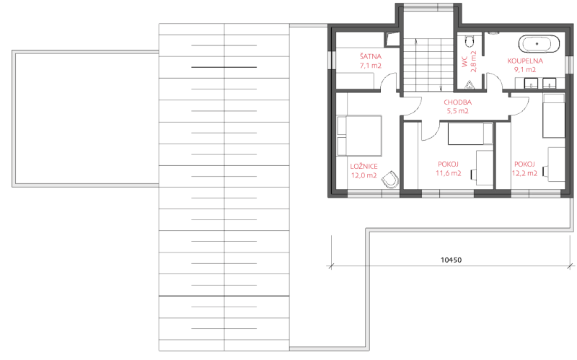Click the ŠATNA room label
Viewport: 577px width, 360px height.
[x=371, y=57]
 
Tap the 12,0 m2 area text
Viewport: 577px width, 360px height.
[x=364, y=175]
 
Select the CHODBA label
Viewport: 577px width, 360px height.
[x=457, y=102]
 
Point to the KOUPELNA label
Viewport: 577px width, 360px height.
[x=525, y=61]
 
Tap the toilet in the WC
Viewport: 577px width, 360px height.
[x=469, y=41]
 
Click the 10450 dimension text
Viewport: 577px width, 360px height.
[x=451, y=260]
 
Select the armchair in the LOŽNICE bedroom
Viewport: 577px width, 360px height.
[x=390, y=180]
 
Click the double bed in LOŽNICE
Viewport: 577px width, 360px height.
[x=359, y=136]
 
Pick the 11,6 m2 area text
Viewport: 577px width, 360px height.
[x=448, y=173]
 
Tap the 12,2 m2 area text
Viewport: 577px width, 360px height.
[x=525, y=173]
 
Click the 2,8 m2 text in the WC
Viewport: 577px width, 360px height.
[x=473, y=61]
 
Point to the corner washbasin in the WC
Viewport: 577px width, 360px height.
[x=470, y=85]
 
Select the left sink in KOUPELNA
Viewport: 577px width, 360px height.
[x=531, y=84]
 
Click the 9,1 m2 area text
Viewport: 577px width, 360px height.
[x=525, y=69]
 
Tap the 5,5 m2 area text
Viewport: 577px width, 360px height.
[x=457, y=111]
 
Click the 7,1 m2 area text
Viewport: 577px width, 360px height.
[x=371, y=66]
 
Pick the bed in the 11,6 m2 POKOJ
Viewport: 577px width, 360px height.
[x=470, y=133]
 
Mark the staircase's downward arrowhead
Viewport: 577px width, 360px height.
[x=441, y=89]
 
